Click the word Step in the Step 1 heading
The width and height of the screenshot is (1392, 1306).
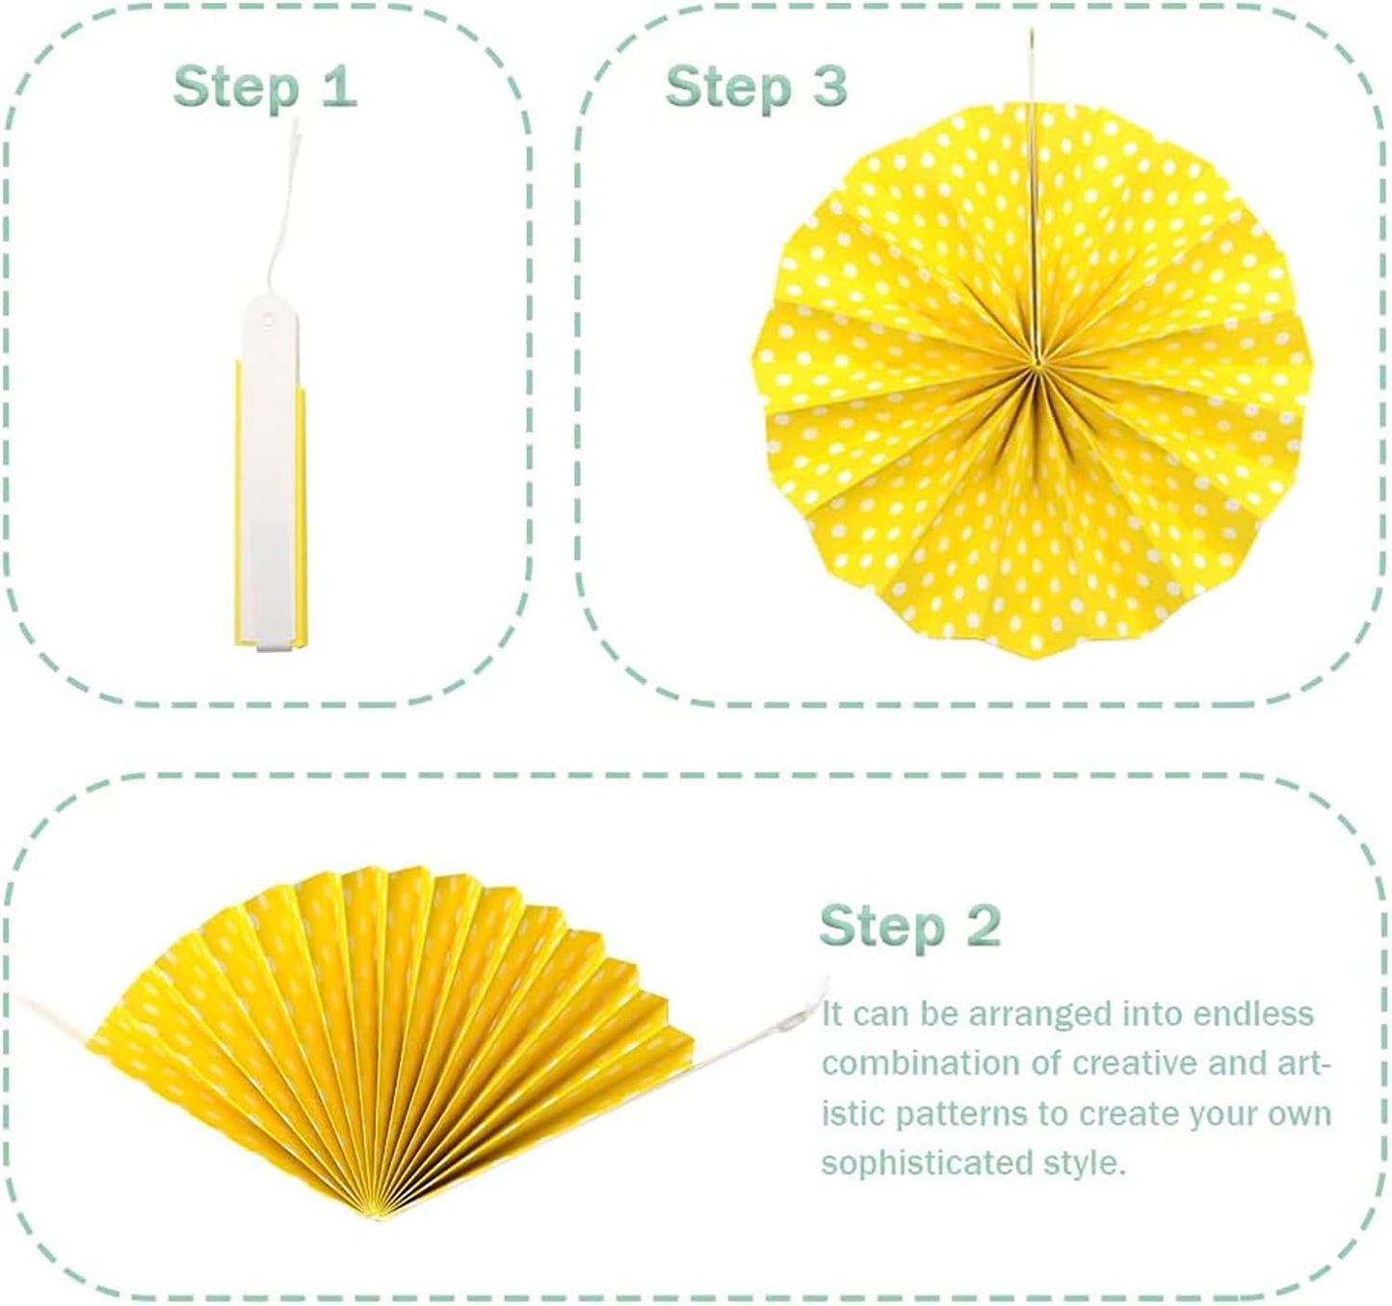(236, 89)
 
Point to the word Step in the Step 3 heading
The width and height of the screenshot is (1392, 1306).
(728, 89)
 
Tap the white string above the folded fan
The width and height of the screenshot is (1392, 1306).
(283, 210)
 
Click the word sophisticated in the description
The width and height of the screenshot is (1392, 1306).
(928, 1165)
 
